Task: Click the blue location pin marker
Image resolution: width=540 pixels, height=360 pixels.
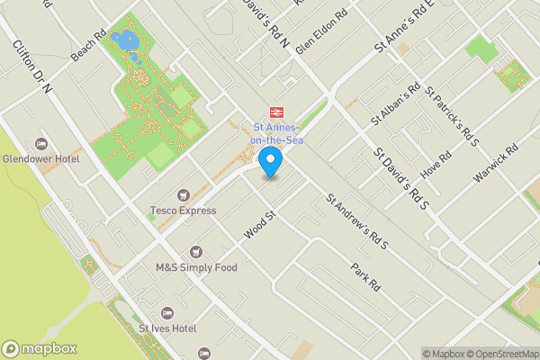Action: coord(270,163)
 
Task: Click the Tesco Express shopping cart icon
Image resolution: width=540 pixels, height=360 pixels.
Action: coord(184,195)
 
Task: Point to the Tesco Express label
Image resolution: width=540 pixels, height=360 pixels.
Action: coord(184,211)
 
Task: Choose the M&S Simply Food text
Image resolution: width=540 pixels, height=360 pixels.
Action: coord(196,267)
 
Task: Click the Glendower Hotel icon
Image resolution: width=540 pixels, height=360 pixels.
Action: coord(40,144)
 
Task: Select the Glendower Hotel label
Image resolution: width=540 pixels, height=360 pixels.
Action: coord(40,159)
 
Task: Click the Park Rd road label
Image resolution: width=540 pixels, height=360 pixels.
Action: coord(366,275)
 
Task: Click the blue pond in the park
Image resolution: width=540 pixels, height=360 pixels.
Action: coord(128,41)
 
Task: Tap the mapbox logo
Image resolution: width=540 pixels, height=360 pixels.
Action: coord(40,349)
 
